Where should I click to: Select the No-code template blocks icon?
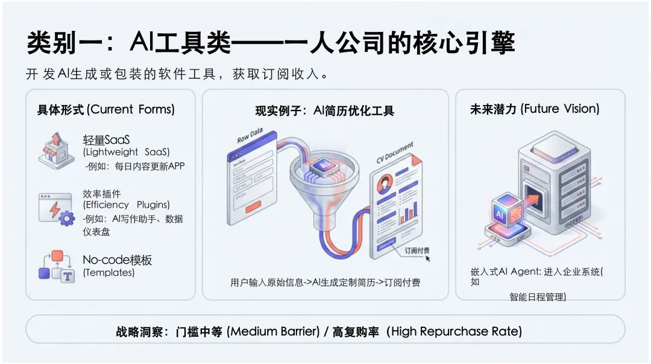(x=56, y=266)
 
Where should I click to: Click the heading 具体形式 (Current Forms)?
(x=105, y=110)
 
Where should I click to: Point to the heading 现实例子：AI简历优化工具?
(x=324, y=111)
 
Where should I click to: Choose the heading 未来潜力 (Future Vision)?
(x=535, y=109)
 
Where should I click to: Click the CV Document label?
(x=394, y=154)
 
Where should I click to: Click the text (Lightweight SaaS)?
(x=127, y=152)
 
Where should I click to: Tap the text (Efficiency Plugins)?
(x=127, y=205)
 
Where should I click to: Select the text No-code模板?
(x=118, y=260)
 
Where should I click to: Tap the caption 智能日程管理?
(x=537, y=296)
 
